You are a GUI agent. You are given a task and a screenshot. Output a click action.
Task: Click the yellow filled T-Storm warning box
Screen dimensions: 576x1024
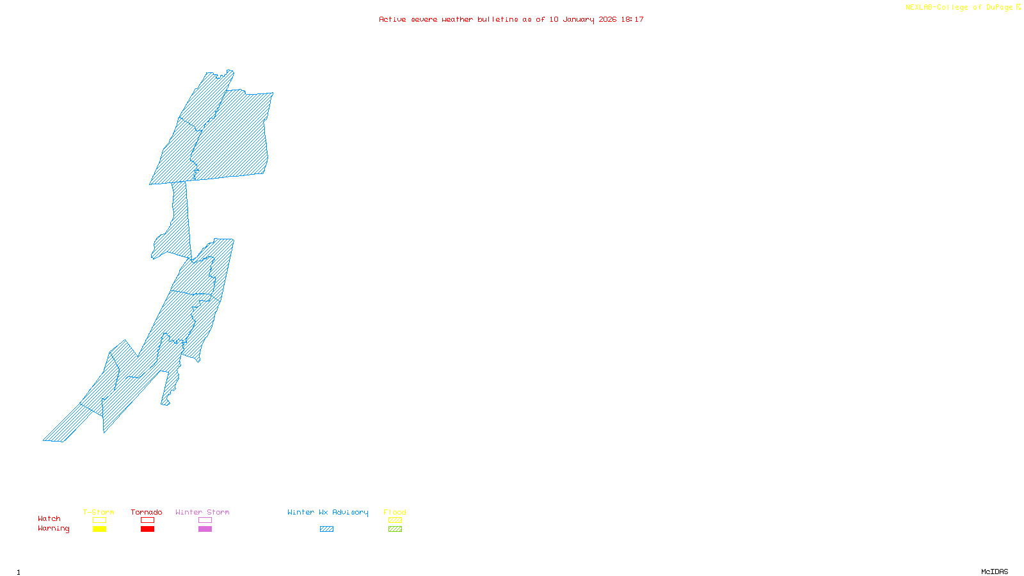coord(99,529)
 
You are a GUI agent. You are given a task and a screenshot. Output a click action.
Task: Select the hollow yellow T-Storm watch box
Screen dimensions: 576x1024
coord(99,520)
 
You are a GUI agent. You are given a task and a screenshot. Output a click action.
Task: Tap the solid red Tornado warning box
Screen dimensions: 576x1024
coord(147,529)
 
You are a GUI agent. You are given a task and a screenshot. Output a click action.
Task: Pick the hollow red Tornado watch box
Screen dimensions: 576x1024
coord(147,520)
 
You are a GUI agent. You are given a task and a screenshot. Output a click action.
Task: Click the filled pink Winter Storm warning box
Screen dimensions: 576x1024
coord(205,529)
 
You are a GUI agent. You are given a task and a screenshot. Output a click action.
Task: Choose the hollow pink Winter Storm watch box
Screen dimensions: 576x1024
coord(205,520)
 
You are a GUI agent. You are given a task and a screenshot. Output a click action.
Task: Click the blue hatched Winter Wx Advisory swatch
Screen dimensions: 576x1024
coord(326,529)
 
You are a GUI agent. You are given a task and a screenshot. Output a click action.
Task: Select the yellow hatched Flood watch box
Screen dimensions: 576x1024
coord(395,520)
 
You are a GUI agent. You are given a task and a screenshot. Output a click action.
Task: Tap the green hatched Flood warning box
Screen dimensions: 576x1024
coord(395,529)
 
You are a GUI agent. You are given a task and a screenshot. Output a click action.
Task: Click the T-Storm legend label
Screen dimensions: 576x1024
coord(99,512)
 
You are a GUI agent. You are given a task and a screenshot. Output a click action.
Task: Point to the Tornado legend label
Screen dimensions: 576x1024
coord(147,512)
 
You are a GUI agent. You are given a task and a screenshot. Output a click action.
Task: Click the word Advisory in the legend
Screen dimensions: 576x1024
coord(350,512)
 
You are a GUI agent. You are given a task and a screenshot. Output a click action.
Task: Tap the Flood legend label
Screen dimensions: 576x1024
coord(395,512)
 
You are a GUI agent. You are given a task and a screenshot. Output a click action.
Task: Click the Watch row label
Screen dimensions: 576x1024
coord(49,518)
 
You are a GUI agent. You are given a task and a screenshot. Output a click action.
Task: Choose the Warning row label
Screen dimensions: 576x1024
coord(54,529)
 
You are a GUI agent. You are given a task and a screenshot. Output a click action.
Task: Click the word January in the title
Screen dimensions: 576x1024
coord(579,19)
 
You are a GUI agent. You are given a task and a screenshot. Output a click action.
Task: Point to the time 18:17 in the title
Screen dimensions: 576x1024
coord(632,19)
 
